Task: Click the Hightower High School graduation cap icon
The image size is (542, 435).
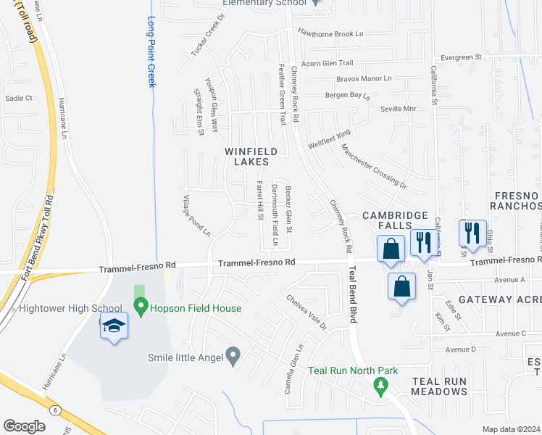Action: (x=114, y=327)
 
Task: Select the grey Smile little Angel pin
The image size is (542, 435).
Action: (x=233, y=356)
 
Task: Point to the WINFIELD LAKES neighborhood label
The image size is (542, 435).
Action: (x=251, y=157)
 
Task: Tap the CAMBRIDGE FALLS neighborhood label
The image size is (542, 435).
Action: (x=395, y=221)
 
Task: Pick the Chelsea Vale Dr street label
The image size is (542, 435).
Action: (x=307, y=311)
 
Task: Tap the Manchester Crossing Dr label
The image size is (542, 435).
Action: (x=374, y=166)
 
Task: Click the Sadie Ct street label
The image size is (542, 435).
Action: (x=20, y=98)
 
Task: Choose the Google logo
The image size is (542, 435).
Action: (x=24, y=426)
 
